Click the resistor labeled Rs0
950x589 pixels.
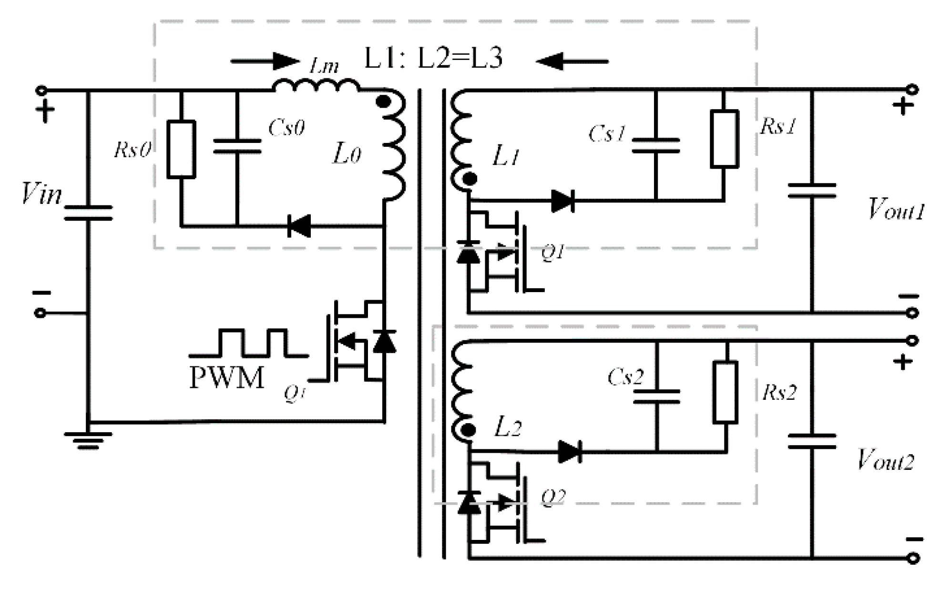point(181,149)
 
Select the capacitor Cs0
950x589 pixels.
point(237,146)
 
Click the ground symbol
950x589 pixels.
point(88,440)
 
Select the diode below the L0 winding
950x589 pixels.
point(299,225)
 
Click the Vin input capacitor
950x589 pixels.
point(88,213)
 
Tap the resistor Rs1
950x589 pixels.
point(724,139)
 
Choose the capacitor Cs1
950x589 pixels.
point(656,145)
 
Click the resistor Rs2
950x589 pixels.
point(725,392)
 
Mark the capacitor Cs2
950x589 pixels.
point(656,396)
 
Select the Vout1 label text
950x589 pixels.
point(896,210)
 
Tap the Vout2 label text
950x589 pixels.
point(885,460)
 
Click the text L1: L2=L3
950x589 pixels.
point(433,59)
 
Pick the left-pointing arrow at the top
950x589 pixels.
point(572,61)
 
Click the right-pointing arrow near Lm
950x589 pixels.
point(265,61)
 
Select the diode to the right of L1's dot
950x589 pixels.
point(563,201)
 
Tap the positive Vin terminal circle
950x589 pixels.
point(42,90)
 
